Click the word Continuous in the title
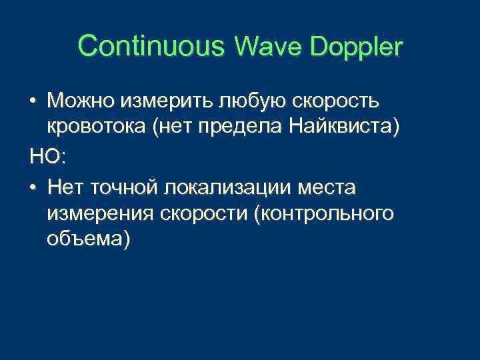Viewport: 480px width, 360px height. (151, 47)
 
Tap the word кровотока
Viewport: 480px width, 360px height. (97, 129)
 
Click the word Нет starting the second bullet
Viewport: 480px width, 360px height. (67, 186)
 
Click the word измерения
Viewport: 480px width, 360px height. (101, 213)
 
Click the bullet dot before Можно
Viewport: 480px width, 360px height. (33, 101)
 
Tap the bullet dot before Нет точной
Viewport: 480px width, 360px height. (33, 187)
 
